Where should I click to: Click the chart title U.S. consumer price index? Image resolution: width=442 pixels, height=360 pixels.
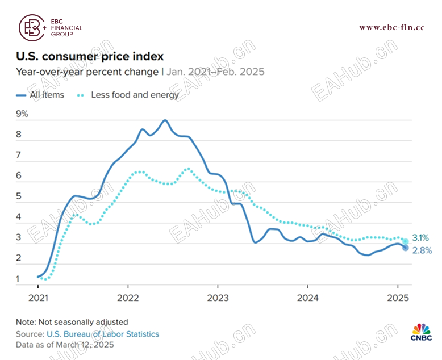[89, 57]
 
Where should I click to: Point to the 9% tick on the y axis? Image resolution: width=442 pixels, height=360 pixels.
[22, 114]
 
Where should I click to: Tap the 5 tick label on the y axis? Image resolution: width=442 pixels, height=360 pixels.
[19, 196]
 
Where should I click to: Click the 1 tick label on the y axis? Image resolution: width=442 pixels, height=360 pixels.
[19, 279]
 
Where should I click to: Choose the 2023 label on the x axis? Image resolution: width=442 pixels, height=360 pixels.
[217, 296]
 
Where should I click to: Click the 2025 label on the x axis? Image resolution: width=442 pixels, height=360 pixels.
[396, 296]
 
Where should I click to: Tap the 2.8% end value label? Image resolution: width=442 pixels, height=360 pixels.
[420, 250]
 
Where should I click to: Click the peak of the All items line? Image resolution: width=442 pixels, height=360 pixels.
[165, 120]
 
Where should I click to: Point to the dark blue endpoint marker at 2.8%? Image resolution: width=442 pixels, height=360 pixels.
[405, 248]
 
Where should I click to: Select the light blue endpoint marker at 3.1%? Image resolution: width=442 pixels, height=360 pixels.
[405, 242]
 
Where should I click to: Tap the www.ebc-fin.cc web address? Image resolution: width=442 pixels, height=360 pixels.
[391, 28]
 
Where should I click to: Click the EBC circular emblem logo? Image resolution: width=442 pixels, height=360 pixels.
[32, 27]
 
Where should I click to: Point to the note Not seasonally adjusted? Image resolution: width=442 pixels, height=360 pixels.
[72, 322]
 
